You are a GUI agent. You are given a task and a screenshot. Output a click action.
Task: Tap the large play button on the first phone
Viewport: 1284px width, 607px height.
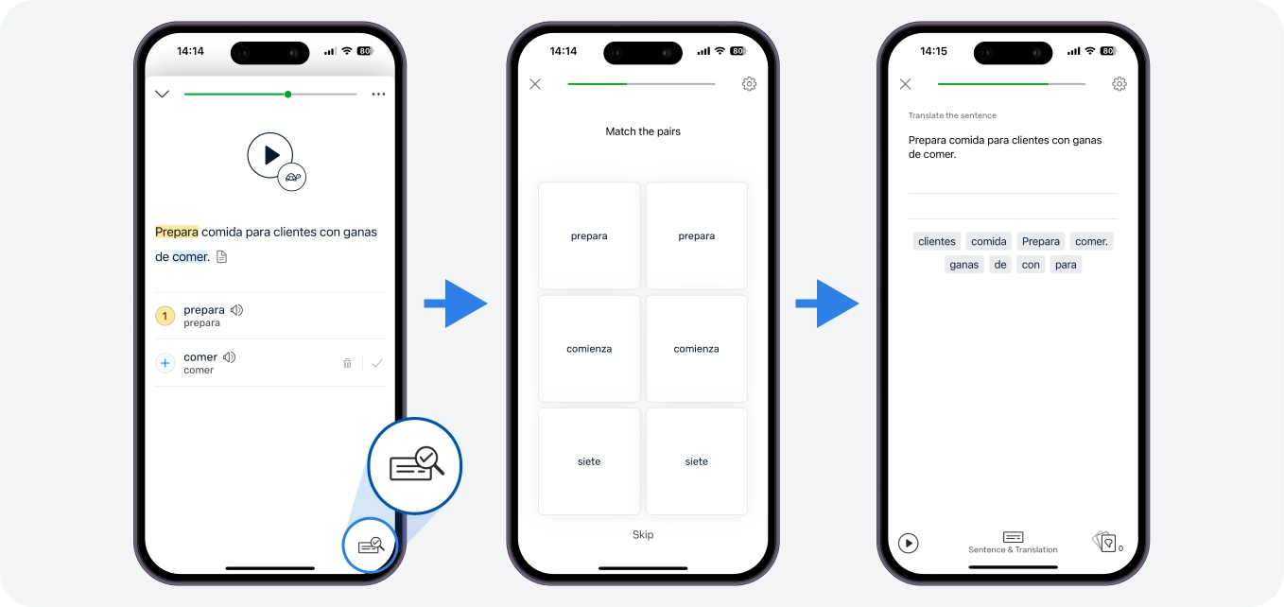click(270, 155)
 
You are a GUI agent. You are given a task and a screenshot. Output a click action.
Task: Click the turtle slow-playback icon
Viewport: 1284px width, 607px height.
click(292, 177)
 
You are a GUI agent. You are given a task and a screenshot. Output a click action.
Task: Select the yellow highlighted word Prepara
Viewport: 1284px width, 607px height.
click(177, 233)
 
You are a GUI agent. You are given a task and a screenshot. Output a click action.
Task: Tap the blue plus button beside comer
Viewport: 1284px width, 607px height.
click(165, 363)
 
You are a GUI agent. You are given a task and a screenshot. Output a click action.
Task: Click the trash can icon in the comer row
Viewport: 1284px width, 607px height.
click(347, 363)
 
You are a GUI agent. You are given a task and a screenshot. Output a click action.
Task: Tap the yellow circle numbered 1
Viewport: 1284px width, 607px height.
click(165, 316)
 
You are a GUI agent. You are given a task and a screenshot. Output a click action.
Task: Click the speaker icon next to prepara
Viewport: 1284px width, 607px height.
click(236, 310)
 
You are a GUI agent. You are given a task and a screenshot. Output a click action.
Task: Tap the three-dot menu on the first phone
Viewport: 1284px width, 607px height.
click(378, 94)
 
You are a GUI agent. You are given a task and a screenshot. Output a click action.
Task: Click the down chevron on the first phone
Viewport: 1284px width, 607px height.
click(163, 94)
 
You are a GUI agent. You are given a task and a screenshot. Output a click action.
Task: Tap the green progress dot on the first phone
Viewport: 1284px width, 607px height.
click(287, 94)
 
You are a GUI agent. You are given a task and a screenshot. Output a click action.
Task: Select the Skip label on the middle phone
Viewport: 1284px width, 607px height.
click(643, 534)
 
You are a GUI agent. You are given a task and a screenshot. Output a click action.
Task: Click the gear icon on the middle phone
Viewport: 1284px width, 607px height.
click(749, 84)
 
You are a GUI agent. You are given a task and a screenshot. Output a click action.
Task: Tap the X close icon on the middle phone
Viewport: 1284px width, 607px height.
click(535, 84)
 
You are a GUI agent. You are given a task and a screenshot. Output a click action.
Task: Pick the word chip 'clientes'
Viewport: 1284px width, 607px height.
click(937, 241)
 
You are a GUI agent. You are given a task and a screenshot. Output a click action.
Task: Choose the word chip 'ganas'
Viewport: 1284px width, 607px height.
click(963, 264)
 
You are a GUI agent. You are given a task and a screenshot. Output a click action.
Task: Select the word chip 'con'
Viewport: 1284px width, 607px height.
click(1030, 264)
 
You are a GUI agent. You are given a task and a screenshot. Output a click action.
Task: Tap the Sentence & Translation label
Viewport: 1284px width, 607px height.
click(1013, 549)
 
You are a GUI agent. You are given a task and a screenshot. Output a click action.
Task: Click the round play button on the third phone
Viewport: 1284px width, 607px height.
click(908, 543)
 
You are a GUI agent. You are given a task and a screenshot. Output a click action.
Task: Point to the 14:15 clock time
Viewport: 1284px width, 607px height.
click(933, 51)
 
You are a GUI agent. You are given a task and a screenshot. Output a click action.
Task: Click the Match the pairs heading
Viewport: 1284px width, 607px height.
click(643, 131)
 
